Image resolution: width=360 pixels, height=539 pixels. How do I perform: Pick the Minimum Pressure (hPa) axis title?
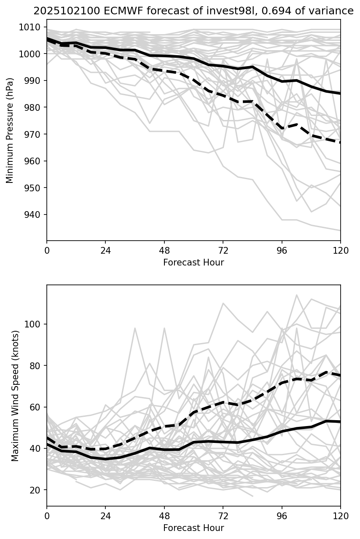coord(10,130)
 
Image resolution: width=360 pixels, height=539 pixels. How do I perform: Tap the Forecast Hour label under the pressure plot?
coord(193,263)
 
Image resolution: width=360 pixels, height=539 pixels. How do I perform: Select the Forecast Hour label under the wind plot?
coord(193,528)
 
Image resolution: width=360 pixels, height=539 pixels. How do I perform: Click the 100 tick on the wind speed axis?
coord(35,324)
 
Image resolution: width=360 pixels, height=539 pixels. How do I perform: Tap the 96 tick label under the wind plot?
coord(282,516)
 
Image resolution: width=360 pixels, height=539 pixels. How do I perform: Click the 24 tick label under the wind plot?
coord(105,516)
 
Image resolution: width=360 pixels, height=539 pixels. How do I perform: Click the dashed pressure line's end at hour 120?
coord(340,142)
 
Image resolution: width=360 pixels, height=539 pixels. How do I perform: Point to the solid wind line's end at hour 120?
coord(340,421)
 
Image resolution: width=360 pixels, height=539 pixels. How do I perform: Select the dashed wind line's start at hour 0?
coord(47,437)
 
